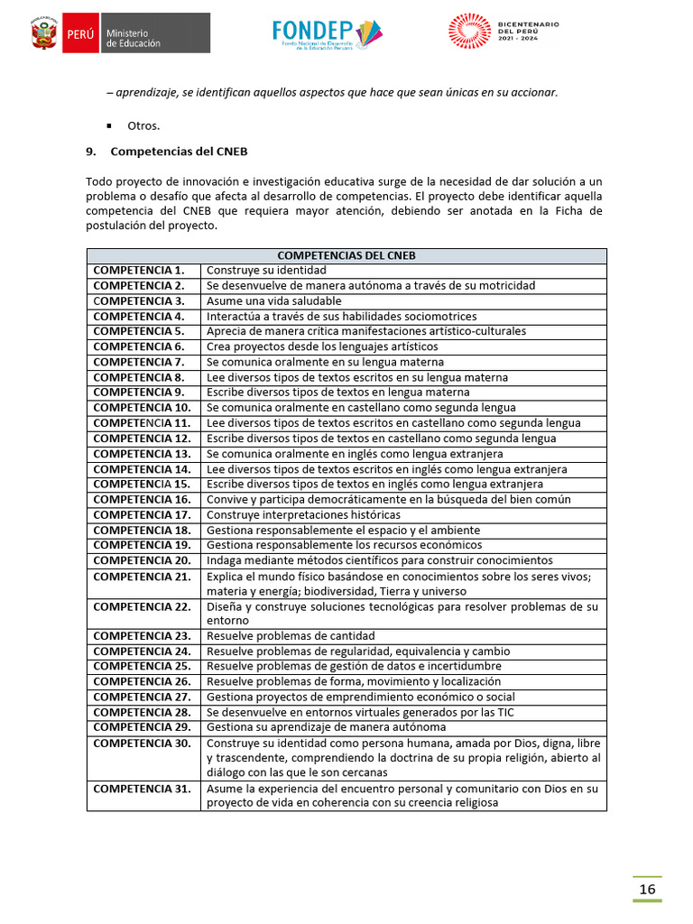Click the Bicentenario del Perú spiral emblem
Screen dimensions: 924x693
coord(469,31)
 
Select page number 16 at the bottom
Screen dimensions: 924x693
coord(647,890)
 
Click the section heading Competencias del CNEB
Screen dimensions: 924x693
coord(179,151)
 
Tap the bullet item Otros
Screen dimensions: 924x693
coord(143,125)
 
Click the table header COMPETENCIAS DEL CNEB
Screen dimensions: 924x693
coord(346,255)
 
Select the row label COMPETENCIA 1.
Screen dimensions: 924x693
coord(138,270)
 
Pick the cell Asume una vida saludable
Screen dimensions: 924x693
coord(274,300)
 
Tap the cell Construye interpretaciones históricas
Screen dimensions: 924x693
coord(303,514)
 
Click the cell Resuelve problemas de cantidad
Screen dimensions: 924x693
coord(291,636)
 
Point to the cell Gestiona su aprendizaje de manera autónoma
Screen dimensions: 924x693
coord(326,727)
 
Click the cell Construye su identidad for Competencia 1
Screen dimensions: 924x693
coord(266,270)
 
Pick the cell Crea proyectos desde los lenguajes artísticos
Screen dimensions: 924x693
coord(322,346)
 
